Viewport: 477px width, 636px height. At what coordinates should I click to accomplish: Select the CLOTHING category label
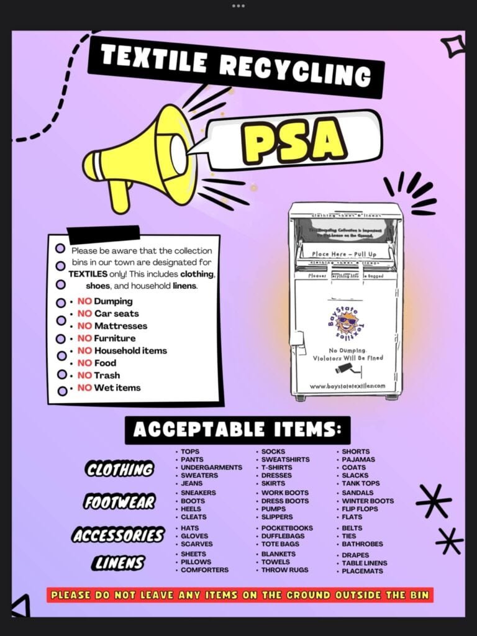pos(120,469)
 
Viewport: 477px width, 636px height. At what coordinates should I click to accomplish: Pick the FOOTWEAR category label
pos(119,502)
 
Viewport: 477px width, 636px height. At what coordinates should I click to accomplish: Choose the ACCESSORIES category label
pos(118,534)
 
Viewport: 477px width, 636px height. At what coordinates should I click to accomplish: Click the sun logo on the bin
pos(346,320)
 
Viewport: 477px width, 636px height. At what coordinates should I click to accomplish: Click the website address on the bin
pos(347,386)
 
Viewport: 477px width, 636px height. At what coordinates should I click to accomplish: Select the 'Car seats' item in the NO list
pos(112,314)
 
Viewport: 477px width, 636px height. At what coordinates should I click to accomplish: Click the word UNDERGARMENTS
pos(212,467)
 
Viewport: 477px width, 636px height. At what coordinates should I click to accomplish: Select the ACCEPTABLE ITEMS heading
pos(237,430)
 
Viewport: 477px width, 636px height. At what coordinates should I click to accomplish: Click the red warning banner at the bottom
pos(239,595)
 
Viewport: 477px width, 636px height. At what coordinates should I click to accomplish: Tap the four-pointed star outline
pos(453,45)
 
